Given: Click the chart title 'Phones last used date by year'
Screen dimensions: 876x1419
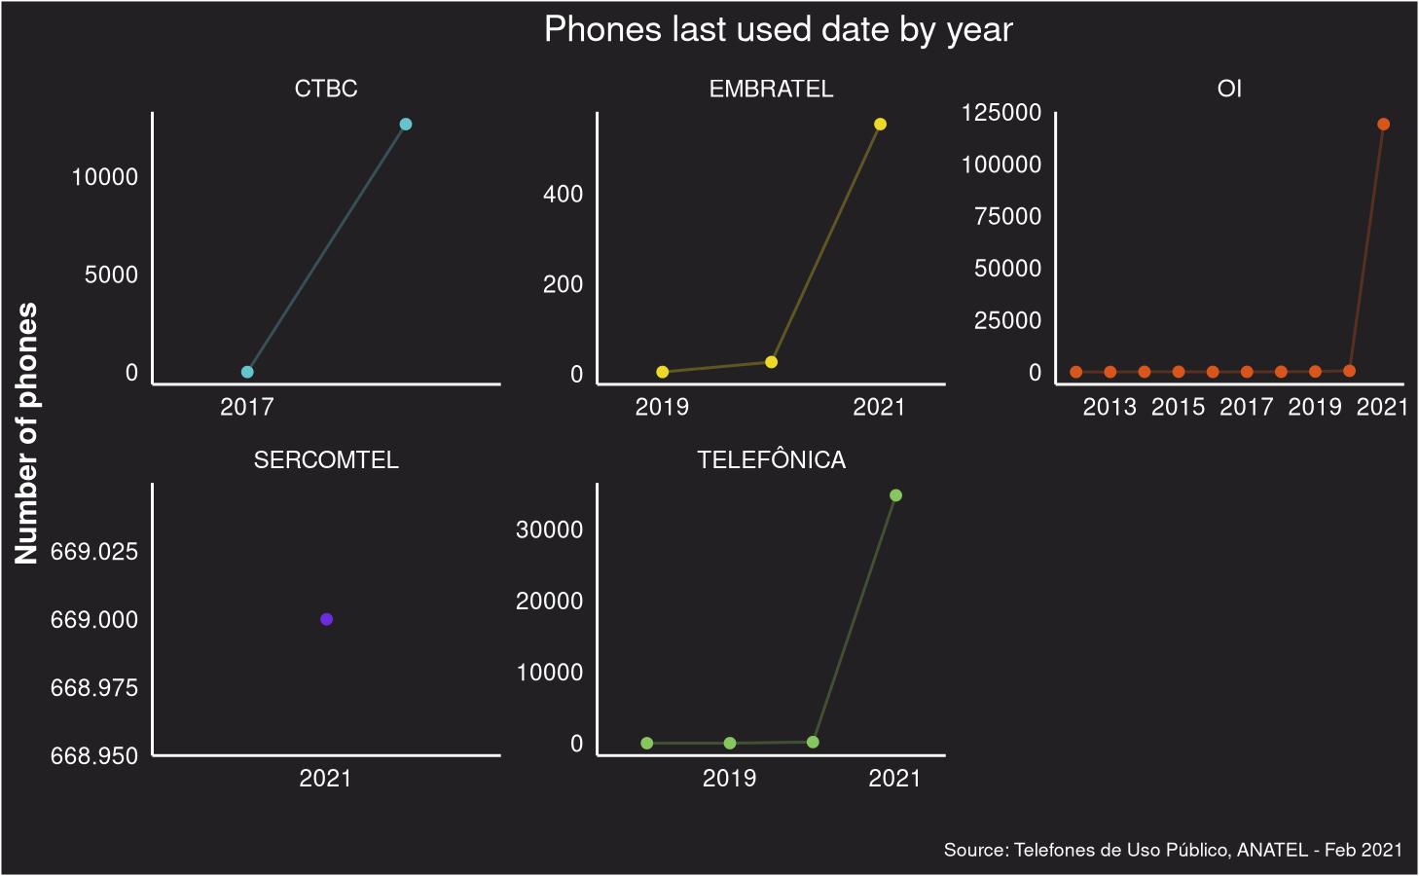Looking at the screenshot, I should (x=778, y=29).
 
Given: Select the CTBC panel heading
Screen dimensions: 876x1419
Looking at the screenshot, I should (x=326, y=89).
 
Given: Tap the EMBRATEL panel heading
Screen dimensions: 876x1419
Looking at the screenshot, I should (x=771, y=89).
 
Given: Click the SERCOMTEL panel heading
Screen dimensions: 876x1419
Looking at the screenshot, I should (x=326, y=460).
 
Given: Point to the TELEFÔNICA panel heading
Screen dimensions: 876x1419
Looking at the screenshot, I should (x=771, y=460).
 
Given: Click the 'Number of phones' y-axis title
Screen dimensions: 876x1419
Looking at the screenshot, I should (x=26, y=433).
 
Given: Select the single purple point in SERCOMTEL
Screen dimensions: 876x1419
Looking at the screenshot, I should (x=326, y=619).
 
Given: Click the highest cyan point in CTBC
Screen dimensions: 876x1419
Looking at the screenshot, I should (x=406, y=124).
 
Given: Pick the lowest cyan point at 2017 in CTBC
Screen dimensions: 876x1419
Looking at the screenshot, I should (x=247, y=372).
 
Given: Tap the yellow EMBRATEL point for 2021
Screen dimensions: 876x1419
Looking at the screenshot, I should (x=880, y=124).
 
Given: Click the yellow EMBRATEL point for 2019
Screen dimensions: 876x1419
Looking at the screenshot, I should (x=663, y=372).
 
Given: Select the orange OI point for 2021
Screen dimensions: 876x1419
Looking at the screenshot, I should (x=1383, y=124).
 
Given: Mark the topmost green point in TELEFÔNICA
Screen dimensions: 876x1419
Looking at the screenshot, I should (x=895, y=495).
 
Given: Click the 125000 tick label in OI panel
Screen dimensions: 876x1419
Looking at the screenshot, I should (x=1001, y=113).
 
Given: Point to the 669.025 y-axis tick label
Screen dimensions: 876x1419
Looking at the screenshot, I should (x=94, y=552).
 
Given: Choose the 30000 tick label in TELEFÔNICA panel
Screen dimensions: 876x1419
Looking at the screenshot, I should (x=549, y=529).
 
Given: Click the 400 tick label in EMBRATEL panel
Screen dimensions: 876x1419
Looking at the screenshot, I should (x=563, y=195).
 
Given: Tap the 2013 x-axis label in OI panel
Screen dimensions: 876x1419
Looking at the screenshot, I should (x=1110, y=407).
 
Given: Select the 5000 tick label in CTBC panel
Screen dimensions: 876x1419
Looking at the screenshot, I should (x=111, y=274).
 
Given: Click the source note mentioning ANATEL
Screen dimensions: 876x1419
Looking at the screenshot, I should (x=1173, y=850).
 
